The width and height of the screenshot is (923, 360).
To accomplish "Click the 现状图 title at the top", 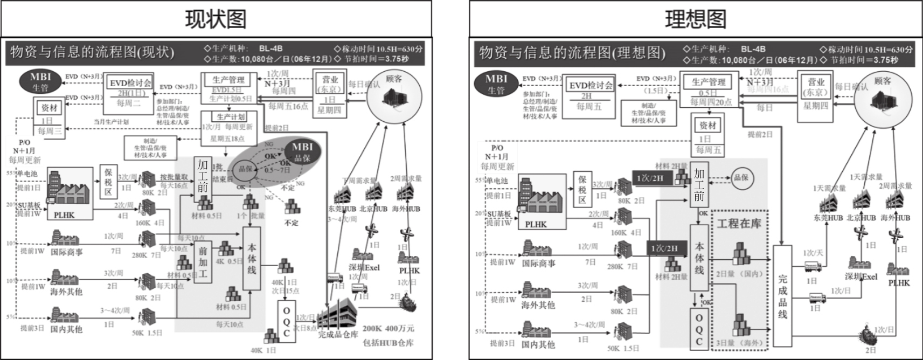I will [216, 19].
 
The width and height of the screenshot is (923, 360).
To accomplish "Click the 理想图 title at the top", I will [695, 19].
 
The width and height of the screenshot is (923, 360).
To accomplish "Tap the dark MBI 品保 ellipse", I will [302, 151].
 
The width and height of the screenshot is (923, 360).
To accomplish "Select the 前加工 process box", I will [203, 262].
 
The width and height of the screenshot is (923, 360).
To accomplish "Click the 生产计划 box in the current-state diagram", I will [231, 117].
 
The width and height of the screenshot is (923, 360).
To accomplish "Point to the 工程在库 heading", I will [739, 223].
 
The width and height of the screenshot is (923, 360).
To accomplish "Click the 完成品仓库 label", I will [338, 334].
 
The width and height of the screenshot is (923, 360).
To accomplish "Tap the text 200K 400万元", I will [388, 328].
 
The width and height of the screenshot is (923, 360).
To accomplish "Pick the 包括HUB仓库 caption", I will [388, 342].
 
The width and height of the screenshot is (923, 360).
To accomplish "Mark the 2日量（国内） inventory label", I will [740, 274].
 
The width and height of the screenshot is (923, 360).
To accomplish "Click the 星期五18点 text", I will [227, 139].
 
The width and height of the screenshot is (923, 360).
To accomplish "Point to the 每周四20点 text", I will [711, 102].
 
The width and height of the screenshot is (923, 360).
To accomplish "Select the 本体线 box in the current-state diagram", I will [252, 259].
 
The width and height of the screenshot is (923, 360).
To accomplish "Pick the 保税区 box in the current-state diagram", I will [108, 182].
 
